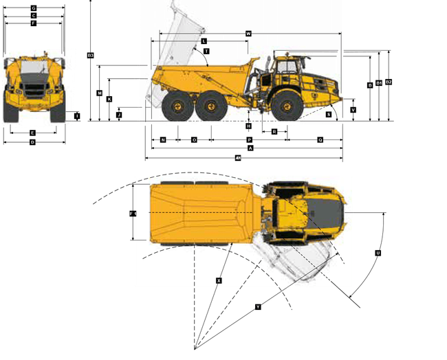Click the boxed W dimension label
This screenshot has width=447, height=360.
tap(248, 33)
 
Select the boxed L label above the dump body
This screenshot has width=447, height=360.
tap(204, 42)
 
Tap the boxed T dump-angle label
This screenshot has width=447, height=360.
tap(206, 52)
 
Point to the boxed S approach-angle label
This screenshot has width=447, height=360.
tap(329, 114)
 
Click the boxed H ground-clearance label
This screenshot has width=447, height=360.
tap(249, 126)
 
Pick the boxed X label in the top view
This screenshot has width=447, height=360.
tap(219, 280)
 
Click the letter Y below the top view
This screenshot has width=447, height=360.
tap(258, 307)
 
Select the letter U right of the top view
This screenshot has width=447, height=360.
tap(378, 253)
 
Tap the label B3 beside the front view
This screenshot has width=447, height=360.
tap(90, 55)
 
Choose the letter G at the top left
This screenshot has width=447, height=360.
tap(33, 8)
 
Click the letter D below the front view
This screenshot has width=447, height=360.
tap(32, 142)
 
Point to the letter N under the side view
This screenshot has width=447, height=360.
tap(163, 140)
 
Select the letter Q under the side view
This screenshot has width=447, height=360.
tap(320, 140)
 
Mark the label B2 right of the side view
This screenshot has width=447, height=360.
tap(389, 82)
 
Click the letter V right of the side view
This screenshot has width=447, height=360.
tap(353, 110)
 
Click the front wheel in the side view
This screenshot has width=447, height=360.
tap(285, 106)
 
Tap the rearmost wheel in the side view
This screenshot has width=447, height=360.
tap(175, 107)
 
